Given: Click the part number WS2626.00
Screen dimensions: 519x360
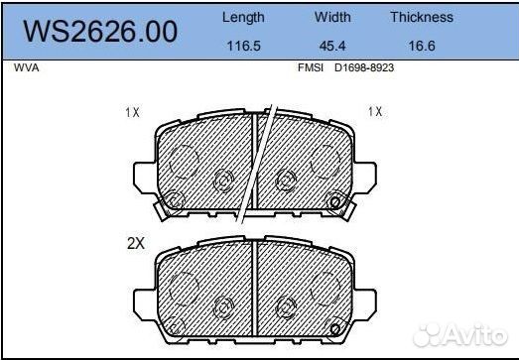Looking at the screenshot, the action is point(100,32).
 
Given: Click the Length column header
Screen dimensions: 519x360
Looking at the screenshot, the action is point(243,18).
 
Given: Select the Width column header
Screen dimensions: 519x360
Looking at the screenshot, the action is point(332,17).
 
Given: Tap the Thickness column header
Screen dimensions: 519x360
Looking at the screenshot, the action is point(422,17).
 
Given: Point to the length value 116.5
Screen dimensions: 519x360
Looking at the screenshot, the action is point(244,46).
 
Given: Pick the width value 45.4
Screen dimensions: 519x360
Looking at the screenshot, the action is point(332,46).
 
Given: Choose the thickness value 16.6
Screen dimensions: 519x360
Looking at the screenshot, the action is point(422,46).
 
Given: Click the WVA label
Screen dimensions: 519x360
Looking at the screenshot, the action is point(27,67).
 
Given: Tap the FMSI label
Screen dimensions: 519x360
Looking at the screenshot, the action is point(311,67).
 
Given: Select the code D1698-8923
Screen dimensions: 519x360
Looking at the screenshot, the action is point(364,67).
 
